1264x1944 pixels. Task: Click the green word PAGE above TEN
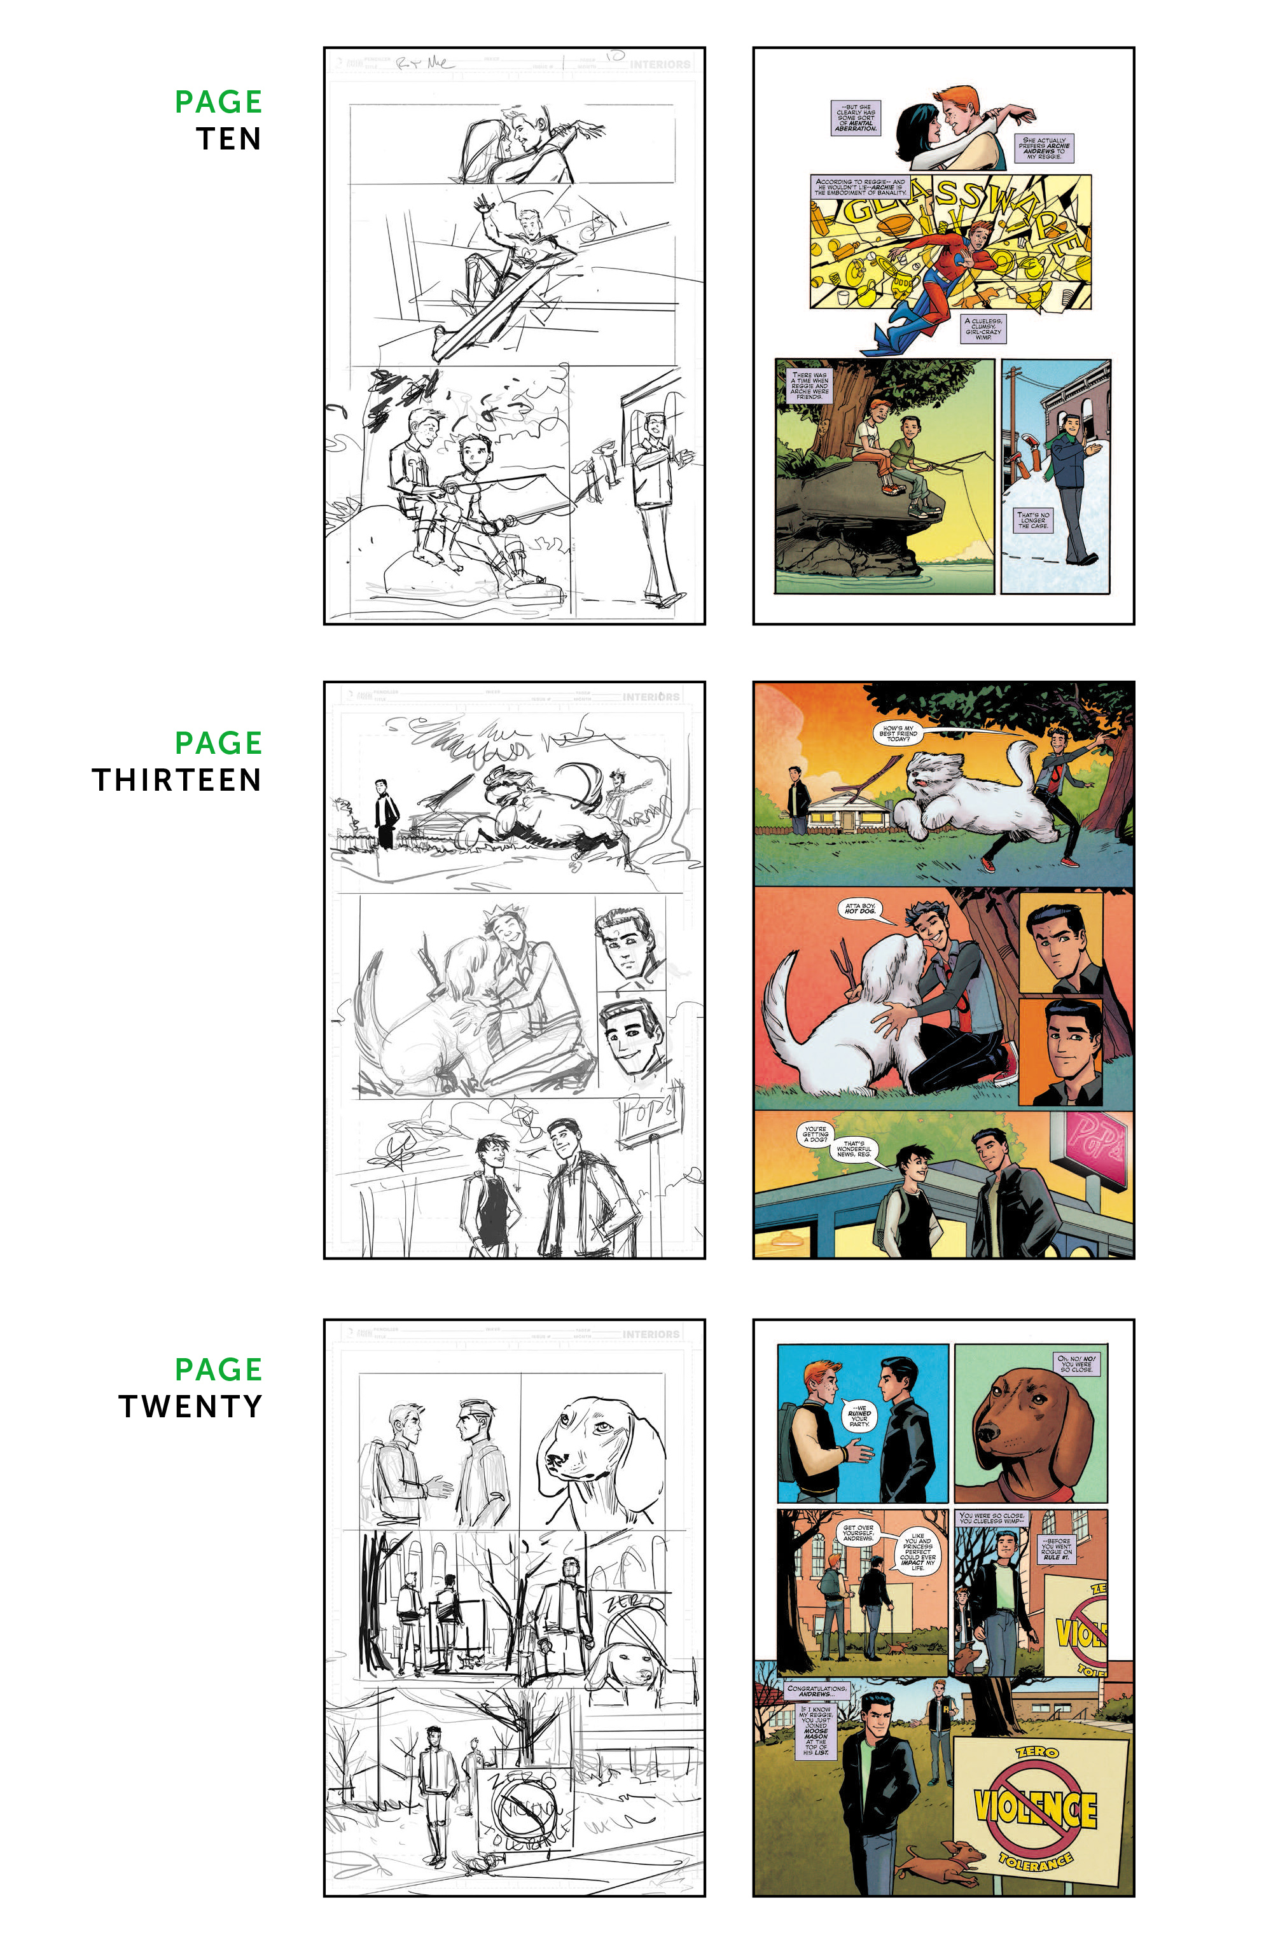[218, 102]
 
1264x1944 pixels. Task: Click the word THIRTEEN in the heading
[176, 780]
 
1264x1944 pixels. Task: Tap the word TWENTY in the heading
[190, 1406]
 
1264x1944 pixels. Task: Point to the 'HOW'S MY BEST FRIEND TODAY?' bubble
[897, 733]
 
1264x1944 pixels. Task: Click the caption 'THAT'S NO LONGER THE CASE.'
[1033, 520]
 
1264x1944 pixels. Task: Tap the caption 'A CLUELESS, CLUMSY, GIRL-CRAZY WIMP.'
[983, 328]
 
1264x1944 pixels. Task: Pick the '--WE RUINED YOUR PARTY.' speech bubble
[859, 1415]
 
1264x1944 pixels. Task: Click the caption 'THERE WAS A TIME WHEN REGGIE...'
[809, 385]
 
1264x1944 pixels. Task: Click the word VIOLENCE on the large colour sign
[1035, 1810]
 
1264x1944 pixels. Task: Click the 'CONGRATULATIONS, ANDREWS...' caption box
[817, 1691]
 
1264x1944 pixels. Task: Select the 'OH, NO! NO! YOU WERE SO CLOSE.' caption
[1077, 1363]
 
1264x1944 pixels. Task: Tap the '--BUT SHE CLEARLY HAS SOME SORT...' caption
[856, 118]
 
